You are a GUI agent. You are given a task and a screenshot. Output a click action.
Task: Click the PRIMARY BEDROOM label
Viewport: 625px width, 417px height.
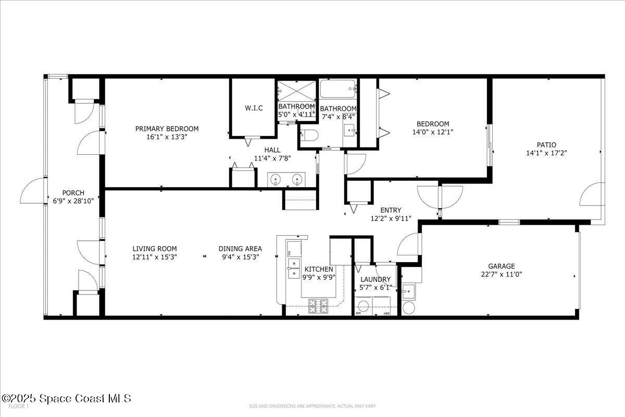click(x=167, y=129)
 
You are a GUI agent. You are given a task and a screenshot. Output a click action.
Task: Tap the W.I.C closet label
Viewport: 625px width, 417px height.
click(x=254, y=108)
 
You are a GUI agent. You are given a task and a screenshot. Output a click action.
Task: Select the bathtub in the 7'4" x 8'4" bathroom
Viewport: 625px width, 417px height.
click(x=338, y=89)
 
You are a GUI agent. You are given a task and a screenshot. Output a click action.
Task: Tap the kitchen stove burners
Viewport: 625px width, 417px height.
click(x=318, y=306)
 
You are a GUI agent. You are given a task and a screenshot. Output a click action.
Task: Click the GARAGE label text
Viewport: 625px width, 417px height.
click(x=501, y=265)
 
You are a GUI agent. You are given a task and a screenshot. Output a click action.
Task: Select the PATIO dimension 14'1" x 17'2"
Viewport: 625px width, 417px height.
click(x=546, y=153)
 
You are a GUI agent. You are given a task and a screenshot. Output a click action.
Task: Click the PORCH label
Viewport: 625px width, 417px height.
click(x=73, y=192)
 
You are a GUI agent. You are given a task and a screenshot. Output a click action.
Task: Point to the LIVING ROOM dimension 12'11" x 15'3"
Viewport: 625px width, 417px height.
click(x=154, y=257)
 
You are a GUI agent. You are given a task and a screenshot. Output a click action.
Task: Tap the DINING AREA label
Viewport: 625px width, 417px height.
click(x=240, y=249)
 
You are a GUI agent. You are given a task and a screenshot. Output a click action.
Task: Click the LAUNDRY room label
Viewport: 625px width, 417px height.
click(x=375, y=279)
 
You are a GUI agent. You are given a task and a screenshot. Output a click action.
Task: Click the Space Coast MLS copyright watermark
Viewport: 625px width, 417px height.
click(x=66, y=399)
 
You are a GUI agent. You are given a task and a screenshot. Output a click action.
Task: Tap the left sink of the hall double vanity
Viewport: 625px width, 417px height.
click(x=276, y=180)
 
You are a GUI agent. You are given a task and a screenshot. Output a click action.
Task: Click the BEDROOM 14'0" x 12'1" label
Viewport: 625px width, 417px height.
click(x=432, y=124)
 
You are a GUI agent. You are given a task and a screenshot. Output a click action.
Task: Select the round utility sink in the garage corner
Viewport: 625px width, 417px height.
click(x=408, y=308)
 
